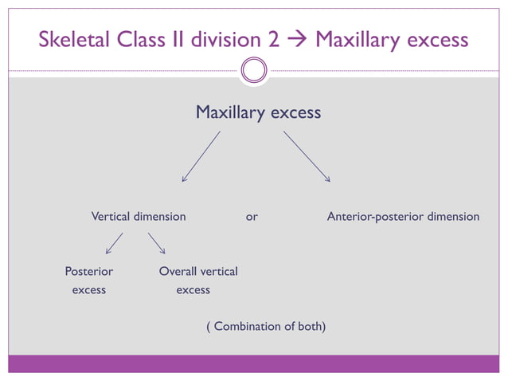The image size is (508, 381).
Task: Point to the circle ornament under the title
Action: pyautogui.click(x=253, y=72)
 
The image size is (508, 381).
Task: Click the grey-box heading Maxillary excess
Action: pyautogui.click(x=258, y=113)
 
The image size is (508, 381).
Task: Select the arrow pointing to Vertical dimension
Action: pyautogui.click(x=201, y=156)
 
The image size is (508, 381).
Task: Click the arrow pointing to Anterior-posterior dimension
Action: pyautogui.click(x=307, y=156)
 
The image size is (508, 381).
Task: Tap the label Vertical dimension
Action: pyautogui.click(x=139, y=217)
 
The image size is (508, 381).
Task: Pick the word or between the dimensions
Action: pyautogui.click(x=252, y=217)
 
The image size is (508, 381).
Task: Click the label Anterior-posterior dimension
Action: pyautogui.click(x=403, y=217)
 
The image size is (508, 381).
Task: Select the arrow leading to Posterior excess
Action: pyautogui.click(x=114, y=243)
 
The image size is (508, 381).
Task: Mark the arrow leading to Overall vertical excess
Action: pyautogui.click(x=156, y=243)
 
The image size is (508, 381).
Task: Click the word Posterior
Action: pyautogui.click(x=88, y=272)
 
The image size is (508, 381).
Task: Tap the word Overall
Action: pyautogui.click(x=178, y=272)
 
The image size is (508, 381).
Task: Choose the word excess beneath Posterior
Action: pyautogui.click(x=88, y=290)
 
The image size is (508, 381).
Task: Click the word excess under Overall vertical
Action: pyautogui.click(x=193, y=290)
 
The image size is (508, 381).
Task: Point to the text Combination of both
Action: pyautogui.click(x=266, y=327)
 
